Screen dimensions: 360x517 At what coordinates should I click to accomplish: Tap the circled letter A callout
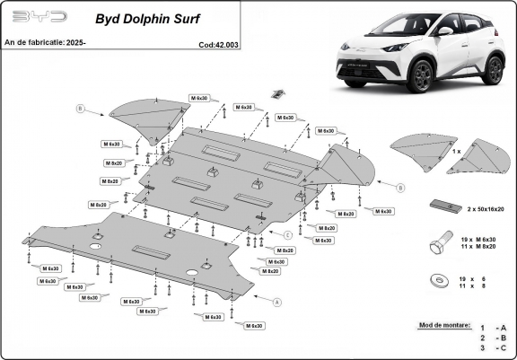[277, 303]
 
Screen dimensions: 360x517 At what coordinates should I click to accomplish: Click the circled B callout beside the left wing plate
[80, 110]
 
